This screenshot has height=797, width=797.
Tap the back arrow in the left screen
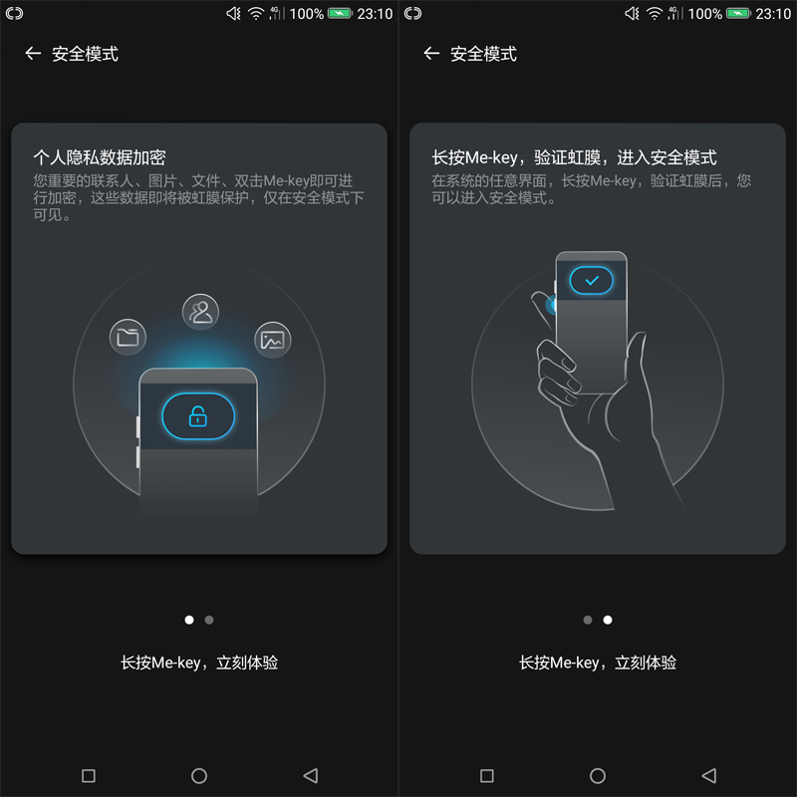[33, 54]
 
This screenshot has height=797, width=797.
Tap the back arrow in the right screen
[431, 54]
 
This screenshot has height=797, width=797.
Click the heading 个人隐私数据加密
[99, 157]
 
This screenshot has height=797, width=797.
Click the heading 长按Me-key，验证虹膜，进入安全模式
[574, 157]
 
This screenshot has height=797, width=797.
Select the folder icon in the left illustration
[128, 337]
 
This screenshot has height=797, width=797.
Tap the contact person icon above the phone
[200, 312]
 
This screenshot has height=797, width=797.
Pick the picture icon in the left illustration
[272, 340]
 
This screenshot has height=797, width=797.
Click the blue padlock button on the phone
[198, 416]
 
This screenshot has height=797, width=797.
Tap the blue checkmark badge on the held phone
[591, 281]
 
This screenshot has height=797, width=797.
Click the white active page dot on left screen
[189, 620]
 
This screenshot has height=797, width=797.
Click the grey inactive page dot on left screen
[209, 620]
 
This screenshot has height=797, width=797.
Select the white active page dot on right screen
[608, 620]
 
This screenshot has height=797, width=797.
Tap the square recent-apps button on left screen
[88, 775]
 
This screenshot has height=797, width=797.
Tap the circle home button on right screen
[598, 775]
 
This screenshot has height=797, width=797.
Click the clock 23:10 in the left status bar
[375, 14]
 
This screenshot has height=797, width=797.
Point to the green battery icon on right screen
[738, 14]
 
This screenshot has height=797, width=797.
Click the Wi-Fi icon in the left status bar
[256, 14]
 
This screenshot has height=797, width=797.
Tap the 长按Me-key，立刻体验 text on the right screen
[598, 663]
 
